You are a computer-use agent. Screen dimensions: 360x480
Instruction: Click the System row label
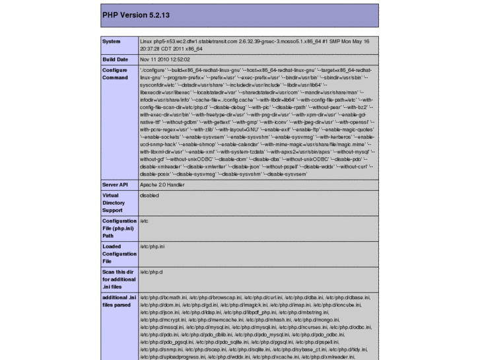tap(111, 42)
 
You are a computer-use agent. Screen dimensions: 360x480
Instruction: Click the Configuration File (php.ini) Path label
tap(119, 228)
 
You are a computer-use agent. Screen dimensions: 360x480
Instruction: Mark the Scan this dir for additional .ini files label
tap(119, 279)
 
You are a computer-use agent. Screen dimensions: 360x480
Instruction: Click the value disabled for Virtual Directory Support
tap(150, 196)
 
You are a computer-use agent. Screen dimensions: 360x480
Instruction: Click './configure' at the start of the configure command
tap(152, 69)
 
